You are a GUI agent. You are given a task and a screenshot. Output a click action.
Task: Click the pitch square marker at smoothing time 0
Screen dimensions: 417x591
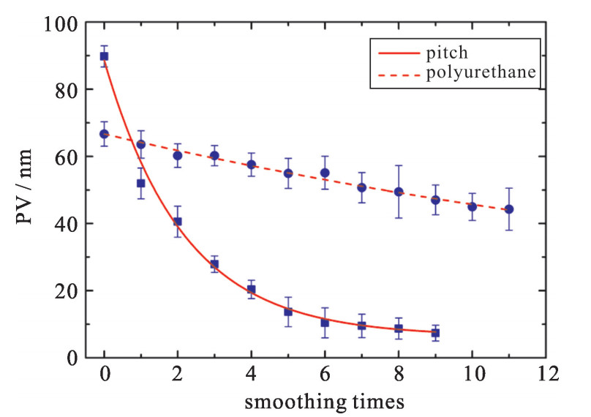[x=104, y=56]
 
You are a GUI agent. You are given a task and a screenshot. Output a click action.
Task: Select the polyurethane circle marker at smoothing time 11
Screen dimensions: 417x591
[x=509, y=209]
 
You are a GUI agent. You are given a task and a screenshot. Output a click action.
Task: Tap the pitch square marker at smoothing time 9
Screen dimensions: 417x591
[x=435, y=333]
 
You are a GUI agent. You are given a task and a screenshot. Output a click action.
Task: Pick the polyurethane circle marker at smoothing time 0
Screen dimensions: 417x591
[x=104, y=134]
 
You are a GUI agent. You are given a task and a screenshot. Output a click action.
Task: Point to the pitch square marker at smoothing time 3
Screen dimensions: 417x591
[x=214, y=264]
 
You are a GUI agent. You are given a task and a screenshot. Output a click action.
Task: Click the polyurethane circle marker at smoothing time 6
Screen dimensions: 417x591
[x=325, y=173]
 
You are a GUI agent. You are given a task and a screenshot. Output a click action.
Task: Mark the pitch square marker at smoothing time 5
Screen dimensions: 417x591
[x=288, y=312]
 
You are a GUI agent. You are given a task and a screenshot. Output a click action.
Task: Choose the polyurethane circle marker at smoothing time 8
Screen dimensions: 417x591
[x=399, y=192]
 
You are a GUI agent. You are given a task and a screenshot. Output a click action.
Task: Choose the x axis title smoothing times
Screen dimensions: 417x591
[x=325, y=400]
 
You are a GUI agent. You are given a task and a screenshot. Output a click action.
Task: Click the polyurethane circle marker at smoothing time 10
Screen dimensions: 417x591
[x=472, y=206]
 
